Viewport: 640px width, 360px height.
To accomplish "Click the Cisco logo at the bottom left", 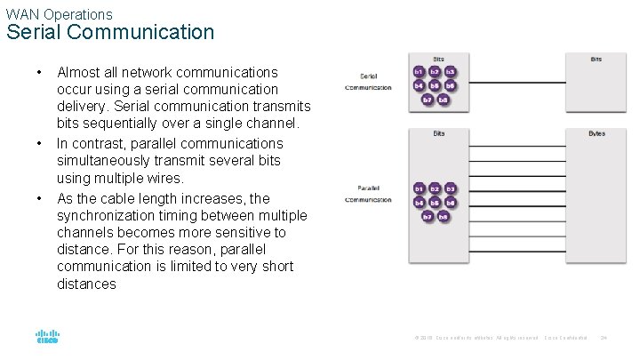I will click(x=47, y=338).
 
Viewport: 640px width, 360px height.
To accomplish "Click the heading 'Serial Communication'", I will click(x=110, y=33).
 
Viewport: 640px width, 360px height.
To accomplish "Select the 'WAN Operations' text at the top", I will click(x=60, y=14).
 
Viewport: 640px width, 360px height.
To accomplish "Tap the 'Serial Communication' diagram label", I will click(x=369, y=82).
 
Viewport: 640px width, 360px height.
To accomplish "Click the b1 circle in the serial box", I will click(x=419, y=71).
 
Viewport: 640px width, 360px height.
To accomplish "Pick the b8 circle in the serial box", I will click(x=443, y=100).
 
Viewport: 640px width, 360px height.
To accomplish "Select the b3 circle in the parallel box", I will click(x=451, y=188).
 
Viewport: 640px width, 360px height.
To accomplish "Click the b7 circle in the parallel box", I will click(x=427, y=216).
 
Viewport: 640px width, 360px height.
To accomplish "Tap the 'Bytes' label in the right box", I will click(x=596, y=133).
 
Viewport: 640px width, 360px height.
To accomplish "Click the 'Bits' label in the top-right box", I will click(x=596, y=59).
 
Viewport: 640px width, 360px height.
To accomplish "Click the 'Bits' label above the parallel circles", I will click(x=439, y=133).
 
